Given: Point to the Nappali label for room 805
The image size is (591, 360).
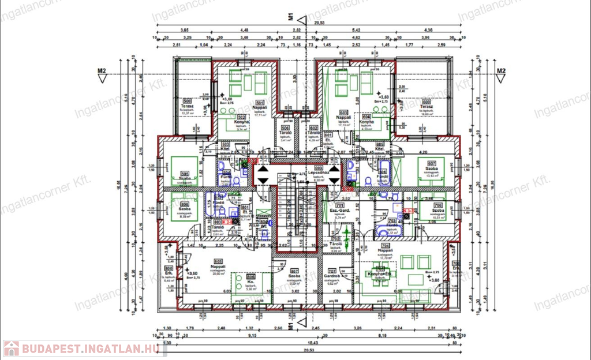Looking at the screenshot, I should (x=218, y=267).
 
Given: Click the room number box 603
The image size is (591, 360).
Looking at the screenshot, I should (x=344, y=112).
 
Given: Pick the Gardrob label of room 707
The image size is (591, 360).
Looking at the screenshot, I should (x=331, y=277).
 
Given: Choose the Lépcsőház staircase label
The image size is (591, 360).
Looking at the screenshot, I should (x=317, y=172).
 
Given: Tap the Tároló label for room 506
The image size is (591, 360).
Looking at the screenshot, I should (x=285, y=133).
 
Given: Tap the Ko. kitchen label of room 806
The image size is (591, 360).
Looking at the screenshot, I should (x=251, y=282).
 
